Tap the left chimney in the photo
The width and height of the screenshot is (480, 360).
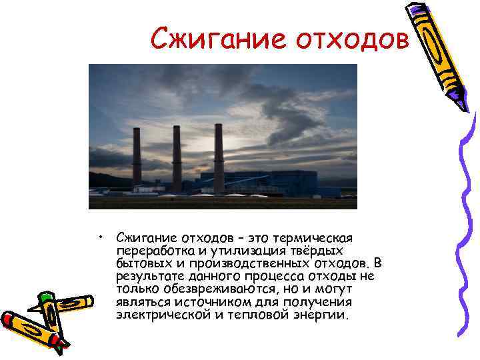[x=137, y=156]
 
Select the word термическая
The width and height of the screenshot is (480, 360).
[x=317, y=238]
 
